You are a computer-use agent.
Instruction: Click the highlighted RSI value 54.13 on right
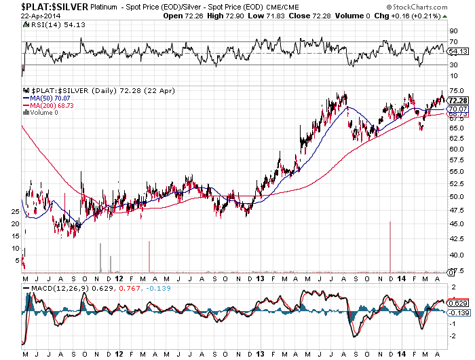[x=459, y=51]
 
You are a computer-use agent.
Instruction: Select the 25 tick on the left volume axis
[x=16, y=212]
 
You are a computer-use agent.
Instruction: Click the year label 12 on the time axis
[x=119, y=278]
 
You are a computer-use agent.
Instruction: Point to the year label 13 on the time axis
[x=262, y=278]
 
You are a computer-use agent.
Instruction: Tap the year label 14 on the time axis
[x=402, y=278]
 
